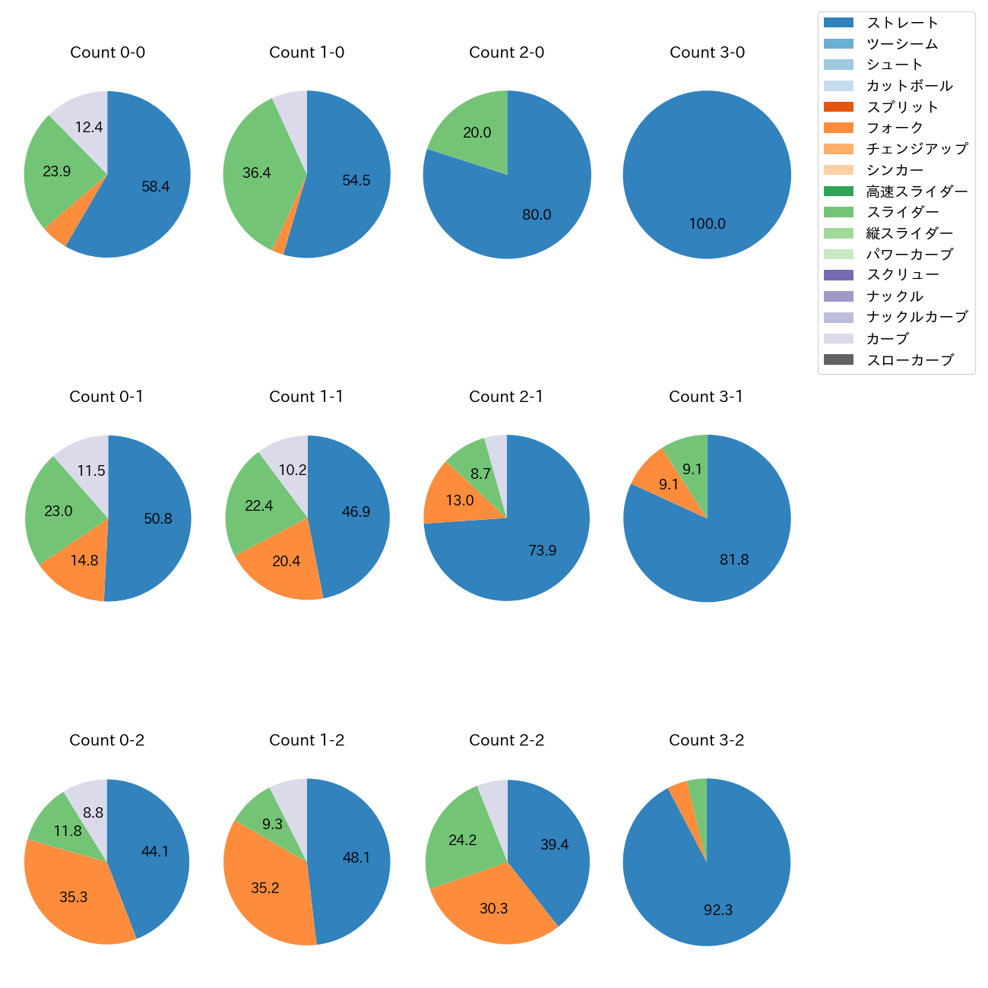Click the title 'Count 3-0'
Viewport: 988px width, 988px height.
(x=707, y=52)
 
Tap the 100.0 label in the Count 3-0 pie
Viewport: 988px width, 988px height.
(x=707, y=223)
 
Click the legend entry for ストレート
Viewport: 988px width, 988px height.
(x=902, y=23)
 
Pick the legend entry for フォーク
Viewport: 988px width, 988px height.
(x=895, y=128)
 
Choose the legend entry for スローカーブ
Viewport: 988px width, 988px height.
(x=910, y=359)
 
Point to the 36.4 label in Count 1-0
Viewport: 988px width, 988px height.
(x=257, y=173)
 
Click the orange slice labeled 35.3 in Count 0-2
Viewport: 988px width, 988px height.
(x=74, y=897)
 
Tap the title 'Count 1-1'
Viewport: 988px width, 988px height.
(x=306, y=397)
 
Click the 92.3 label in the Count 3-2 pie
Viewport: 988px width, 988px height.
(x=717, y=910)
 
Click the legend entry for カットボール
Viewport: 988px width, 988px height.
(x=909, y=86)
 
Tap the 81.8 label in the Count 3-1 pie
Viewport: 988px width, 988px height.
(x=734, y=559)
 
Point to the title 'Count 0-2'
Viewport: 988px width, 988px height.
(x=107, y=740)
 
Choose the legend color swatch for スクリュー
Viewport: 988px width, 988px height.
(x=838, y=275)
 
